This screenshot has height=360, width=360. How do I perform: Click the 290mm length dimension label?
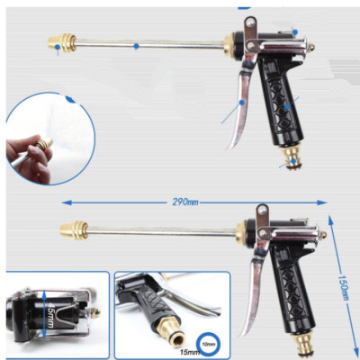(185, 201)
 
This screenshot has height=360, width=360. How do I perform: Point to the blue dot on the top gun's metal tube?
(136, 45)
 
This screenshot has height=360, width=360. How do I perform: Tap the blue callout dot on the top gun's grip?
(287, 107)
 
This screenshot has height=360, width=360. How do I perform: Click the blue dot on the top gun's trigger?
(241, 103)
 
